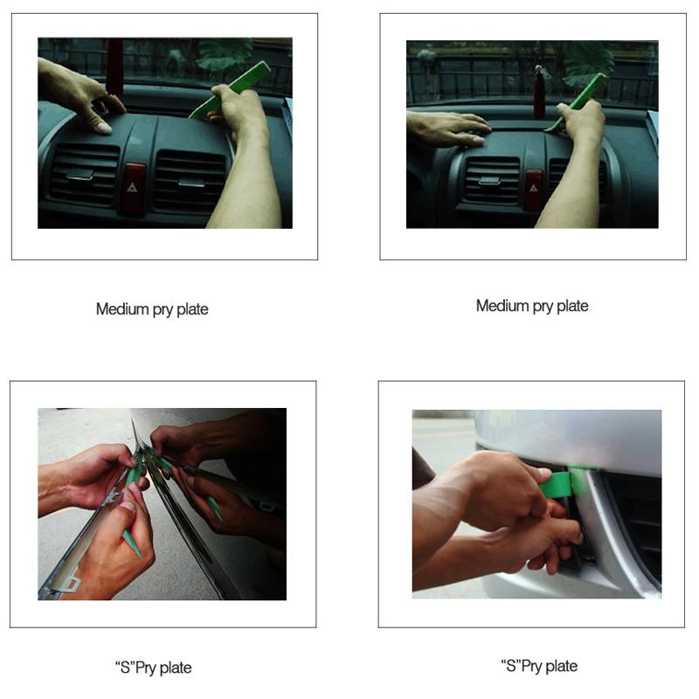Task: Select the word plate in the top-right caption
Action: coord(571,306)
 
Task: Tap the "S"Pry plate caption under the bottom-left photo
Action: coord(152,668)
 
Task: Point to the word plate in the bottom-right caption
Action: coord(560,666)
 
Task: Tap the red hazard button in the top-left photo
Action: coord(134,187)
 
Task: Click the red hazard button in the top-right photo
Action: coord(534,188)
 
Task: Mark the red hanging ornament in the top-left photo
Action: coord(114,66)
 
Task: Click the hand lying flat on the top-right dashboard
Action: coord(446,128)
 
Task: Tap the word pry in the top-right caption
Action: coord(536,306)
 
